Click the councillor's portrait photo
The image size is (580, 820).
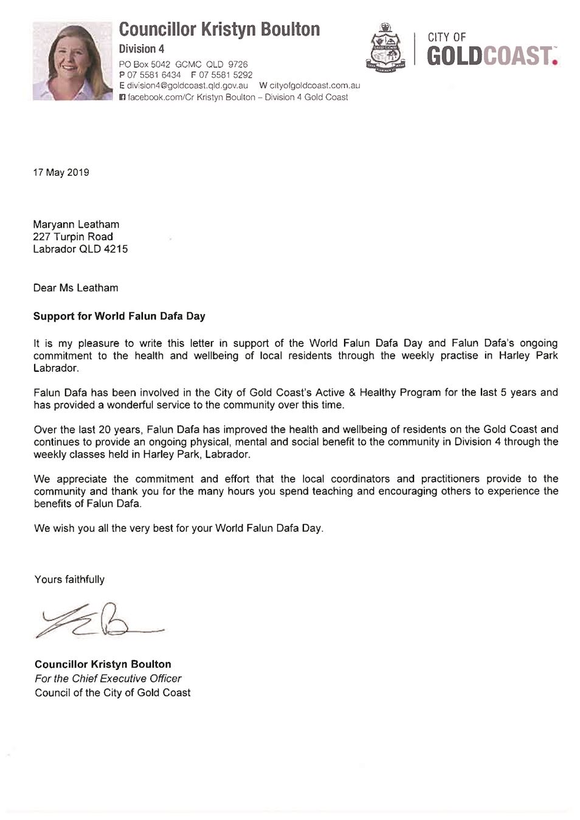coord(72,61)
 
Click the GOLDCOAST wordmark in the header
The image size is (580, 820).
coord(491,56)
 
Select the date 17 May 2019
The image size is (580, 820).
coord(61,173)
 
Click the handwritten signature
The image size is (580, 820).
coord(97,620)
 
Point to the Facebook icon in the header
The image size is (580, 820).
coord(122,97)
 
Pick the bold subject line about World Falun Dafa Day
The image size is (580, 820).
coord(119,316)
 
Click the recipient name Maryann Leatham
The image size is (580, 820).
coord(76,224)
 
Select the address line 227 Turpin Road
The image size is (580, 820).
coord(73,236)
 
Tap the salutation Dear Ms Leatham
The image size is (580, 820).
coord(75,288)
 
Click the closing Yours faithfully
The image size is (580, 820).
coord(69,579)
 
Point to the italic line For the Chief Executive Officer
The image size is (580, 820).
coord(108,678)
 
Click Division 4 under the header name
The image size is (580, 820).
coord(141,49)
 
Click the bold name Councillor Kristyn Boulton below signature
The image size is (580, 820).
coord(103,664)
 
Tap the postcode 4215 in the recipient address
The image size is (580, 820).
coord(116,248)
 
